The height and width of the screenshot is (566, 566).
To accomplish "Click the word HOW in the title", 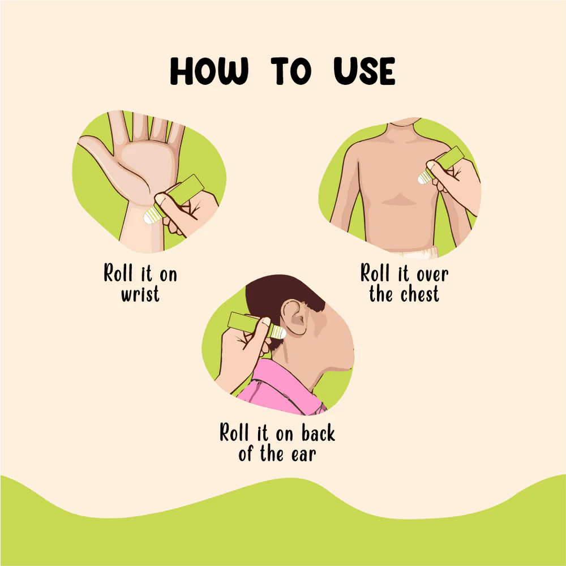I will (x=209, y=72).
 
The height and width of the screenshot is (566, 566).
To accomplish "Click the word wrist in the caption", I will (x=140, y=294).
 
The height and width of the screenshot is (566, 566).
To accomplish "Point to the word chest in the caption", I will (x=419, y=294).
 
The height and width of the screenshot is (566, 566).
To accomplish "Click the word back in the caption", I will (x=318, y=434).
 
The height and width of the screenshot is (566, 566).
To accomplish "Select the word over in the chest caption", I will (x=424, y=275).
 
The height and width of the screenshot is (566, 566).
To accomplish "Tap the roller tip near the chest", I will (x=425, y=177).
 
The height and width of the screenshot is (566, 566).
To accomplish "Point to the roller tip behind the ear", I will (x=278, y=332).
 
